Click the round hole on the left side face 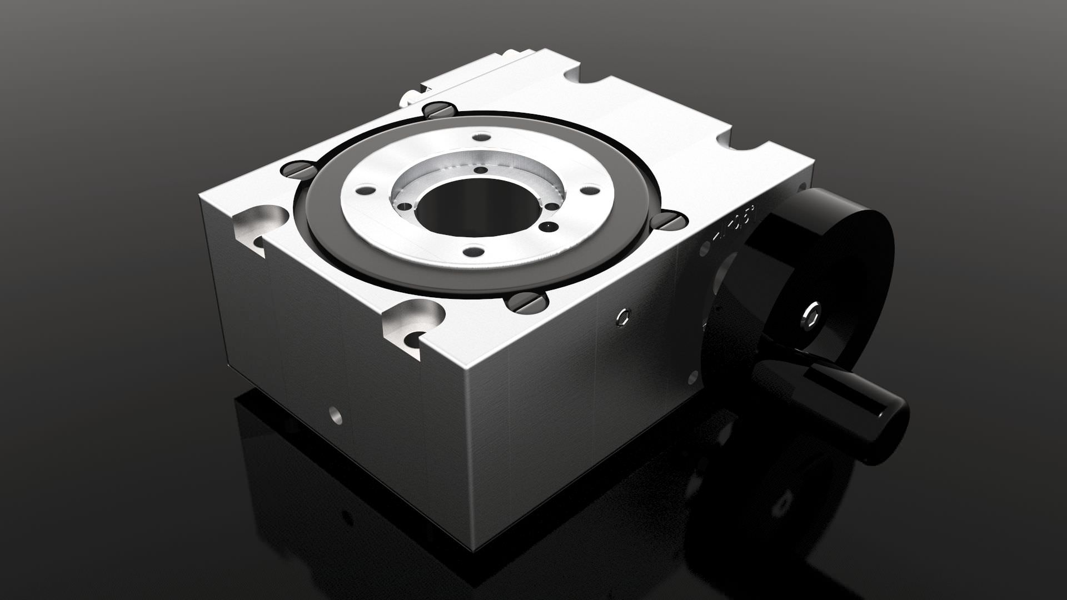[335, 414]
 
